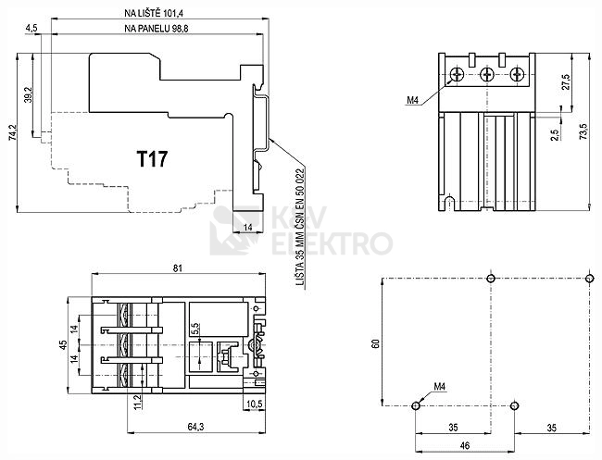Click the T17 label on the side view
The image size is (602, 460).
[x=152, y=159]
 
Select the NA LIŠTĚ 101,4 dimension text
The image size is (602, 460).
[x=154, y=13]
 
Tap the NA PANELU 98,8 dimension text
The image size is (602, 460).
[x=156, y=29]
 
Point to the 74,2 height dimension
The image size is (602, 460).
[x=12, y=131]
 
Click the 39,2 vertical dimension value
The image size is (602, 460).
[x=28, y=94]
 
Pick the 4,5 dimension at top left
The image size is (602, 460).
[x=31, y=29]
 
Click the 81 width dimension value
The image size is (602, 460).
[x=178, y=268]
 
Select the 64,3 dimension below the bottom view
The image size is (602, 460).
[x=195, y=427]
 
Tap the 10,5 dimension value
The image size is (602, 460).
[x=254, y=404]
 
